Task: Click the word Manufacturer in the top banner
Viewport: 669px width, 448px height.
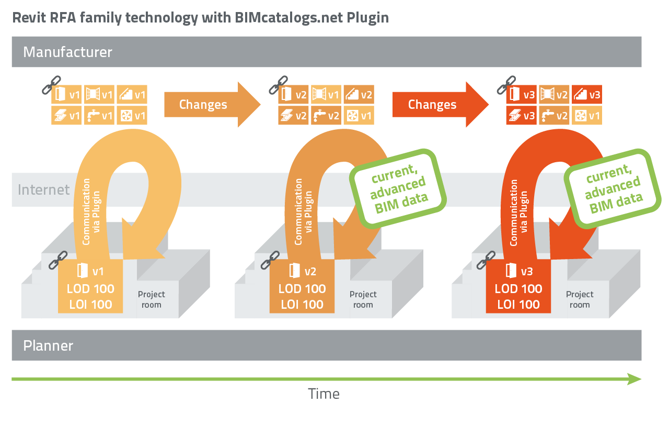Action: pos(67,52)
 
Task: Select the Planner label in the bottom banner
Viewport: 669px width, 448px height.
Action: pos(48,346)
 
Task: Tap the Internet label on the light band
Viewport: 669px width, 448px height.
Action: pos(43,189)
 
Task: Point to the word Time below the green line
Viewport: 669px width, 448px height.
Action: pos(324,394)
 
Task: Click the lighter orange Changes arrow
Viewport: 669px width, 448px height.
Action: pos(212,104)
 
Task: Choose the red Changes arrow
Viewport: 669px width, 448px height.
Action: pos(440,104)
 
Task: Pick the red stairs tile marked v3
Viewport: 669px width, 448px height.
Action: pos(586,95)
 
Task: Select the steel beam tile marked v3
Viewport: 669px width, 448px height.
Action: pos(521,116)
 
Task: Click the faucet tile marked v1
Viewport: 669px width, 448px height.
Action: pos(99,116)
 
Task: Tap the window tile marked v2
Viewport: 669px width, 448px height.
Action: pos(554,95)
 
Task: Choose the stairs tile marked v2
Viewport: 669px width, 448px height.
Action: pos(359,95)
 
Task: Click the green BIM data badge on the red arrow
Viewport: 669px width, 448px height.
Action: pos(613,189)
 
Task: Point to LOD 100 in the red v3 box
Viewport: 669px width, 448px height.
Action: pos(518,289)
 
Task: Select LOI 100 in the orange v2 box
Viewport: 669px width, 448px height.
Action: pos(302,305)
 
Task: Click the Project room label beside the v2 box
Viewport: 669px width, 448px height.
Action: pos(363,299)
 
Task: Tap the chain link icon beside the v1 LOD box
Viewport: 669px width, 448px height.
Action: pos(58,260)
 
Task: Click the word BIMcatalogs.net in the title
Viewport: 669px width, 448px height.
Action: pos(289,17)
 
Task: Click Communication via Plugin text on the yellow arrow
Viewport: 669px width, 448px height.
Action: pos(91,212)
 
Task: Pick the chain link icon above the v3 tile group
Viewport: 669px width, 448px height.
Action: pos(506,85)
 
